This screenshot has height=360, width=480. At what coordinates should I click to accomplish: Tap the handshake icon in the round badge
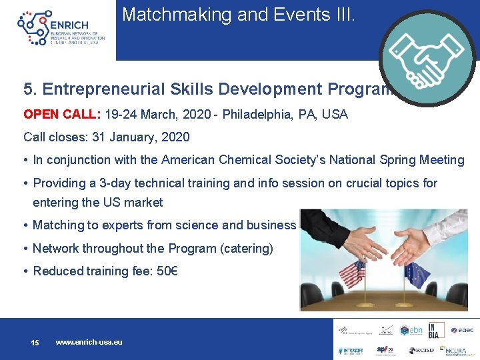[x=427, y=58]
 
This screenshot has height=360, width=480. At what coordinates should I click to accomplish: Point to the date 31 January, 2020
[x=137, y=137]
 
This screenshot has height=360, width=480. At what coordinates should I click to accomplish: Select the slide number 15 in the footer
[x=35, y=343]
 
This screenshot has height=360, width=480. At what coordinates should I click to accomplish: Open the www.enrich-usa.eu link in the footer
[x=89, y=342]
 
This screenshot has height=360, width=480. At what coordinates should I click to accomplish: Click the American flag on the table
[x=352, y=275]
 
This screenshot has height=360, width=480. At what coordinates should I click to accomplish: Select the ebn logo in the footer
[x=411, y=330]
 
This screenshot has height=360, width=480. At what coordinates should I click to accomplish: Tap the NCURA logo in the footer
[x=456, y=349]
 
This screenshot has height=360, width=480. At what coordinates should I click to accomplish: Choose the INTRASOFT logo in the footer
[x=350, y=349]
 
